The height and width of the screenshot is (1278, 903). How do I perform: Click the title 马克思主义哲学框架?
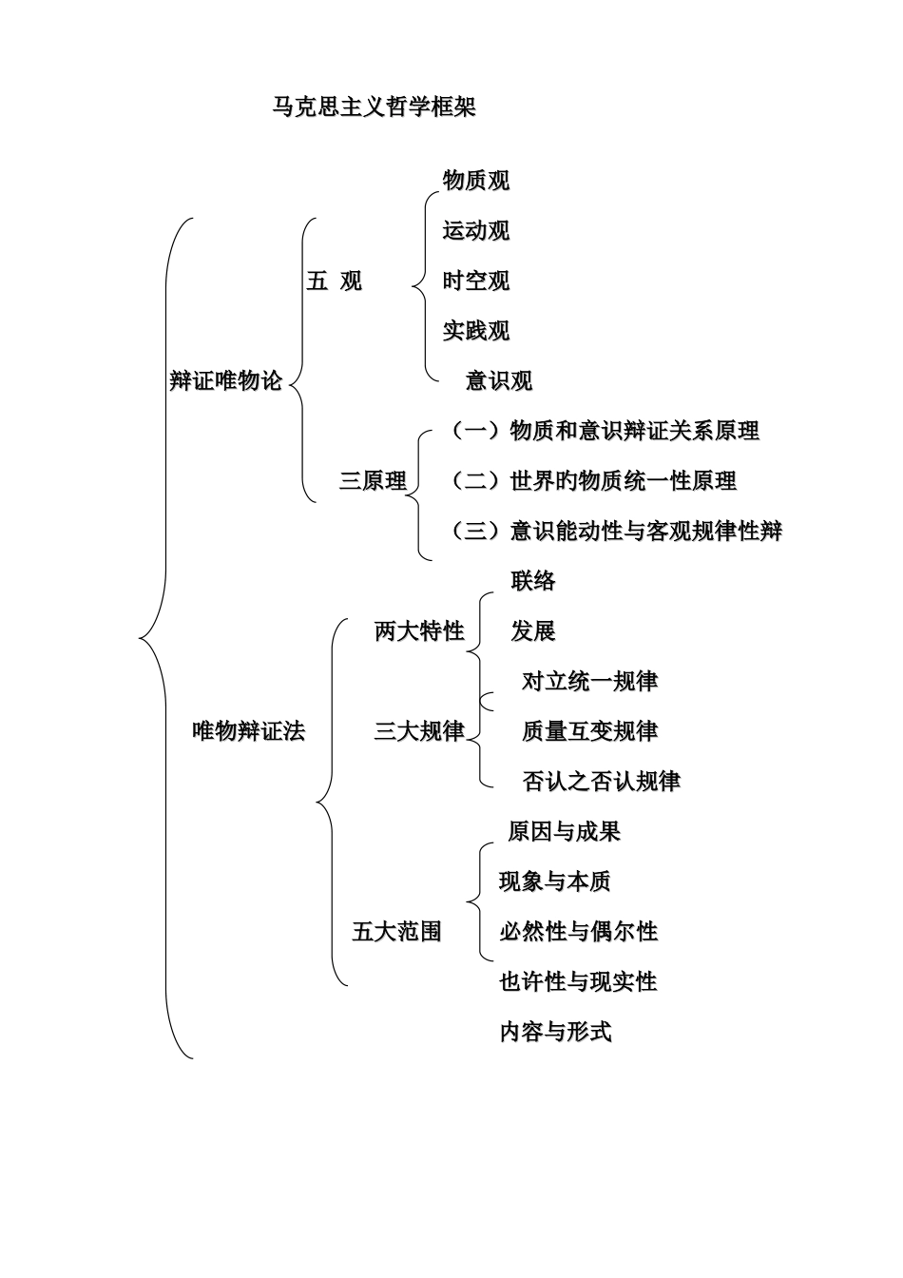tap(374, 107)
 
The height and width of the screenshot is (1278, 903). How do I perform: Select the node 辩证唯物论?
tap(226, 380)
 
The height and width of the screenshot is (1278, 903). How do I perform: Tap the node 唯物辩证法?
tap(249, 731)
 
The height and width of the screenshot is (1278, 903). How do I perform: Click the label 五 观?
tap(334, 281)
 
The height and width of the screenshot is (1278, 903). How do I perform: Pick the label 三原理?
tap(373, 481)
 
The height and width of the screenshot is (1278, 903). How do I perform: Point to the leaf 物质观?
tap(475, 180)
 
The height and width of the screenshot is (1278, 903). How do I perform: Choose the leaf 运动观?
tap(475, 230)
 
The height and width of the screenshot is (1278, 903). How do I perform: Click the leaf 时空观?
tap(475, 281)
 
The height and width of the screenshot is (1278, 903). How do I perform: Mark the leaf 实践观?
tap(475, 331)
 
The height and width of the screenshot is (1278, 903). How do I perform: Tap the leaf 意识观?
tap(498, 381)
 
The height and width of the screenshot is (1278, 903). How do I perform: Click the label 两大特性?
tap(419, 630)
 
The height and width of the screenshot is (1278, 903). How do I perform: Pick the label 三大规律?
tap(419, 731)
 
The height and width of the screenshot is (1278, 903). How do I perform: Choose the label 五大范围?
tap(396, 932)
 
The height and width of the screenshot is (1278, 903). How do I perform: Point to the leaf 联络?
tap(532, 581)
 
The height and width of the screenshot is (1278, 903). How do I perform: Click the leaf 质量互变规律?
tap(589, 731)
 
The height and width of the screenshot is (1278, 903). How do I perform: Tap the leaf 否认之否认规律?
tap(601, 782)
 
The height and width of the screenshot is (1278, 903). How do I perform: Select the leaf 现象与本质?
tap(555, 881)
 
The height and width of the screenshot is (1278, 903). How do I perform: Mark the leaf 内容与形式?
tap(555, 1032)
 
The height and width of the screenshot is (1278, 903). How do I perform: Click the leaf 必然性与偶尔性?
tap(578, 932)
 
